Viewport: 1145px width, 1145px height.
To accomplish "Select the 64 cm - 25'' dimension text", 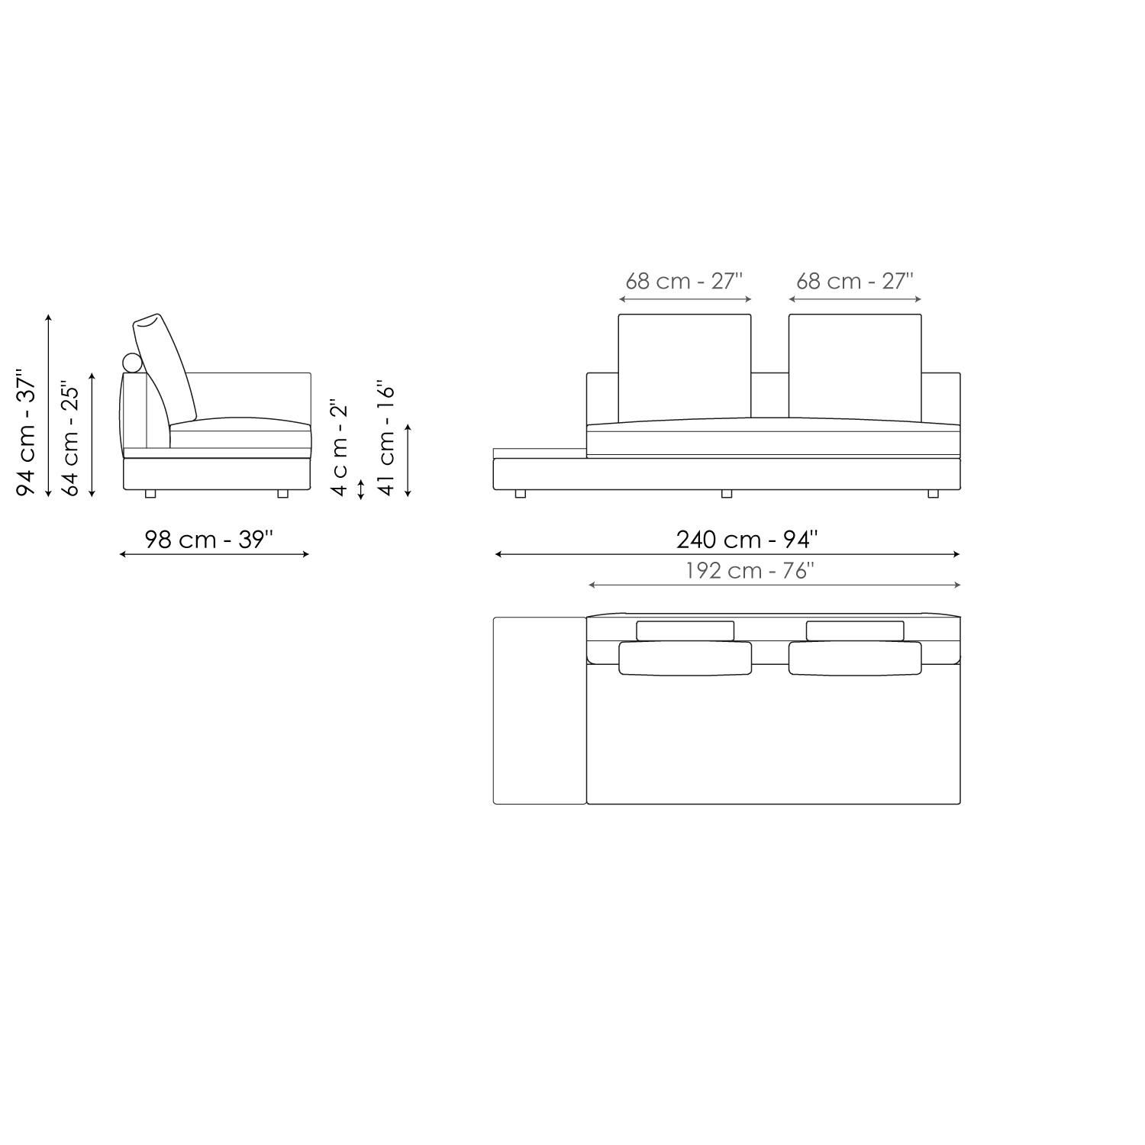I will click(70, 438).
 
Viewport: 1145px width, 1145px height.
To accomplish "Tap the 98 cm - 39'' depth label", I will click(208, 539).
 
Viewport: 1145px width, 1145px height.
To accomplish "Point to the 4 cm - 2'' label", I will click(339, 447).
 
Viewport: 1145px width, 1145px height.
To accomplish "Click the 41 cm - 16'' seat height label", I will click(387, 438).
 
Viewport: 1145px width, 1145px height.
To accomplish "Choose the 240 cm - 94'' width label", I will click(746, 539).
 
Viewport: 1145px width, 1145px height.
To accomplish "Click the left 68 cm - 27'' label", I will click(684, 281).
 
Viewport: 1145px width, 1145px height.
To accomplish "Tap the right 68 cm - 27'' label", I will click(854, 281).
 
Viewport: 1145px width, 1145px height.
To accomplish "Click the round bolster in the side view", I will click(133, 363).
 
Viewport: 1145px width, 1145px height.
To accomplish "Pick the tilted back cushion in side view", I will click(165, 366).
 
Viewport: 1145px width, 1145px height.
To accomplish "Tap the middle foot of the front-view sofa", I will click(726, 494).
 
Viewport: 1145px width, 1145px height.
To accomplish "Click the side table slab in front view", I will click(539, 453).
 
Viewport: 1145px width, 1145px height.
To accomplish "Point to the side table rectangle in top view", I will click(539, 710).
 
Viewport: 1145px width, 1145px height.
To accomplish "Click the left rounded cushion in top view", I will click(684, 658).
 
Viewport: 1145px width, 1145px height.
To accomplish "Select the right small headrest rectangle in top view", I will click(854, 631).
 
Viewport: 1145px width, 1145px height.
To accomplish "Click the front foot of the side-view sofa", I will click(283, 494).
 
